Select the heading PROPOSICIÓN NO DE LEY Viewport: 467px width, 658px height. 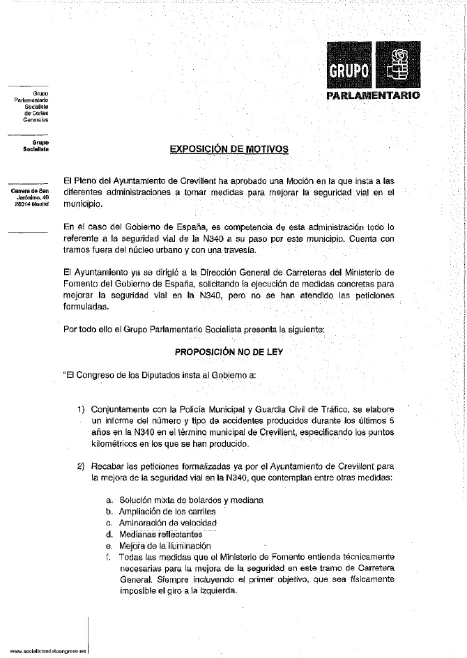229,352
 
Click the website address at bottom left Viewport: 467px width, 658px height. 43,649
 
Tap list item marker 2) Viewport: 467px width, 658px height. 82,466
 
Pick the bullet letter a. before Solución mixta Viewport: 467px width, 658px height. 109,500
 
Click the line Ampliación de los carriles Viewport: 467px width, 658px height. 165,512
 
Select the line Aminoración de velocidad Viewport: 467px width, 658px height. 168,523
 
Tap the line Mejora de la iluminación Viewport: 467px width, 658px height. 164,546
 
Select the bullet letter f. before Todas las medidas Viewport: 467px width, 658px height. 109,557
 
